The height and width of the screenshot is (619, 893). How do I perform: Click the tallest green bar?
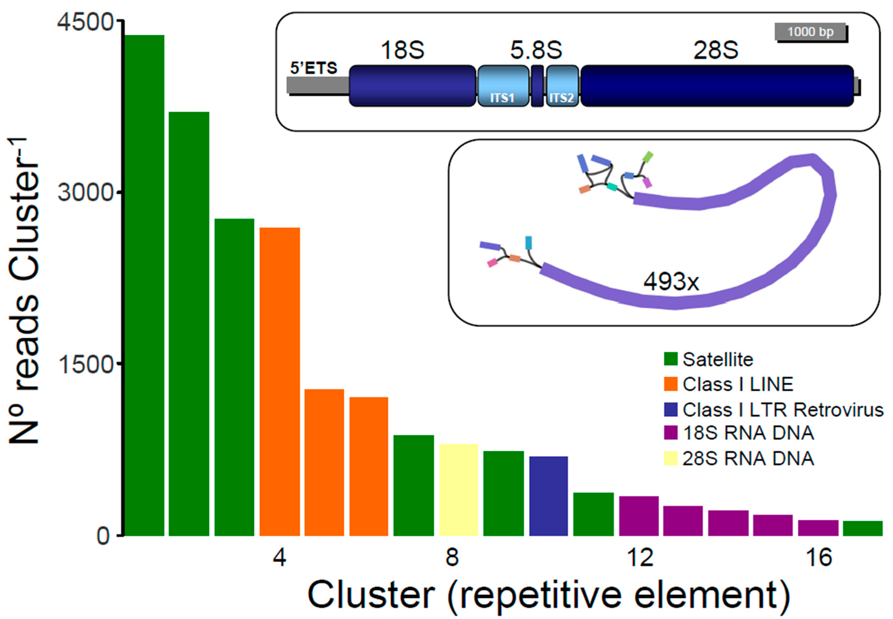click(144, 285)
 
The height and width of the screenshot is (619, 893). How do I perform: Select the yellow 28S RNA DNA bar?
click(459, 489)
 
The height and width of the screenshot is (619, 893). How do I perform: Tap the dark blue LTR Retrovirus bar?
click(548, 496)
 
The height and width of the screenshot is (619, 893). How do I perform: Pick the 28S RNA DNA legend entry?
click(748, 458)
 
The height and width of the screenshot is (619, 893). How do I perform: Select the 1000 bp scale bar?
click(810, 32)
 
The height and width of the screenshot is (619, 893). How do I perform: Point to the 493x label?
click(671, 282)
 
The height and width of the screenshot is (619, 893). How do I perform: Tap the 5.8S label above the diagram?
click(536, 50)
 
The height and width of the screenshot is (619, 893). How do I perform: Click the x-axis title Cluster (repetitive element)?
click(549, 595)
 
